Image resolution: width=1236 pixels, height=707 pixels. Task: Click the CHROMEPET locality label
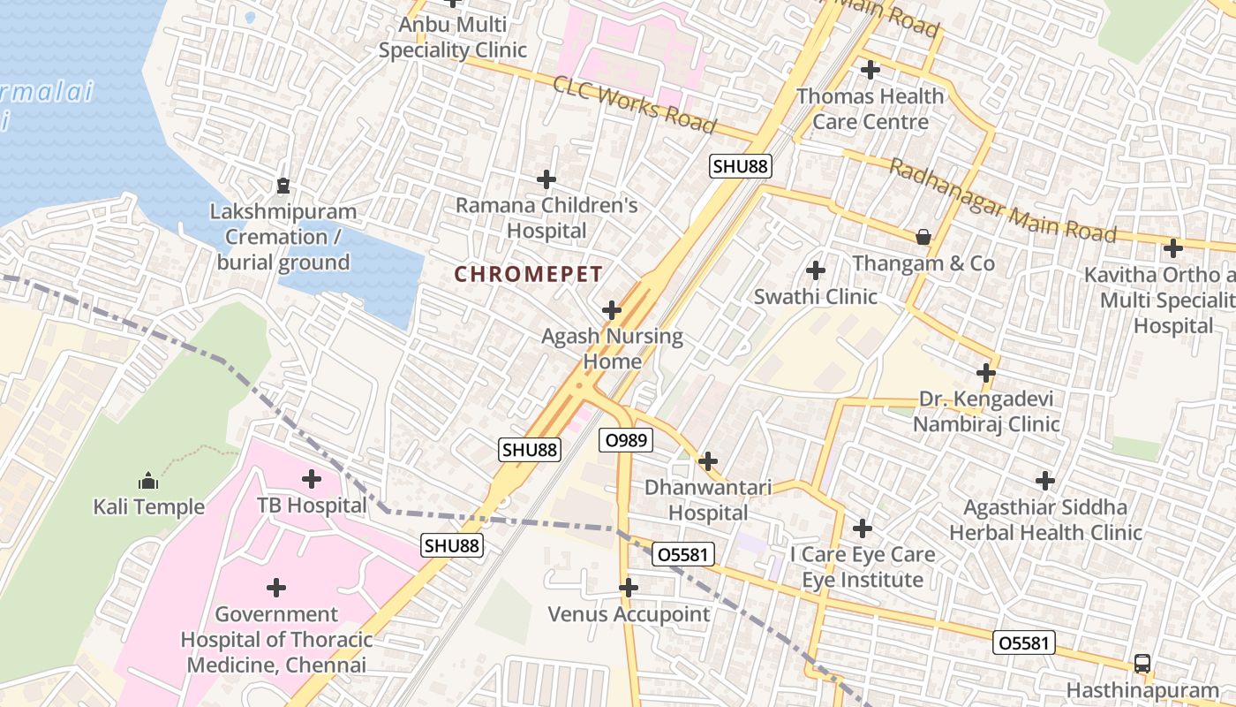[x=528, y=274]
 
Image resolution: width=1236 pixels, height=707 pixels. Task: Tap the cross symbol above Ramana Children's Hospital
[x=546, y=179]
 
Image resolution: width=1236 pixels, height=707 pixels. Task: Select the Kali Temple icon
[x=148, y=482]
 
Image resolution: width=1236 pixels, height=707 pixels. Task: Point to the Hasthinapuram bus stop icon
[x=1142, y=664]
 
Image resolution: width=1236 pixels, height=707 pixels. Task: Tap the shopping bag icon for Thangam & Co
[x=923, y=237]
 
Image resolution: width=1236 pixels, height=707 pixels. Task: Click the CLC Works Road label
[x=634, y=104]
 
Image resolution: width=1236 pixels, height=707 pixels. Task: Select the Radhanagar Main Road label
[x=1002, y=201]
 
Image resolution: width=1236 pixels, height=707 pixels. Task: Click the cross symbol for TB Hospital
[x=311, y=479]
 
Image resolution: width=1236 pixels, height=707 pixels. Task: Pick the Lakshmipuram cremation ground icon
[x=283, y=186]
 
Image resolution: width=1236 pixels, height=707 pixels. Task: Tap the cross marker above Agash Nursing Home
[x=611, y=310]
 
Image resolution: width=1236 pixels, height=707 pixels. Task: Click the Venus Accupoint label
[x=629, y=613]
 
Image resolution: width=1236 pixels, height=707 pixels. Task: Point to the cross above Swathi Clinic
[x=816, y=270]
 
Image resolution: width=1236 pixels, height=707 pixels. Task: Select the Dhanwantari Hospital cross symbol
[x=707, y=461]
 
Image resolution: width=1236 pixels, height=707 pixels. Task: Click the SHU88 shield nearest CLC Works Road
[x=740, y=165]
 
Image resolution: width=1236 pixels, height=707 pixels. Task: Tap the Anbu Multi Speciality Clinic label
[x=452, y=37]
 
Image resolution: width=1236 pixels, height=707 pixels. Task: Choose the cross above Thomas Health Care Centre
[x=870, y=69]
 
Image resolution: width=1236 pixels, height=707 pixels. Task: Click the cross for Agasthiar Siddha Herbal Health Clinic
[x=1045, y=481]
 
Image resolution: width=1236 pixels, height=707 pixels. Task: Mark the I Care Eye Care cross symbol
[x=863, y=528]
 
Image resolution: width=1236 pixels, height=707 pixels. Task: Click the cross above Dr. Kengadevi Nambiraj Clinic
[x=986, y=373]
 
